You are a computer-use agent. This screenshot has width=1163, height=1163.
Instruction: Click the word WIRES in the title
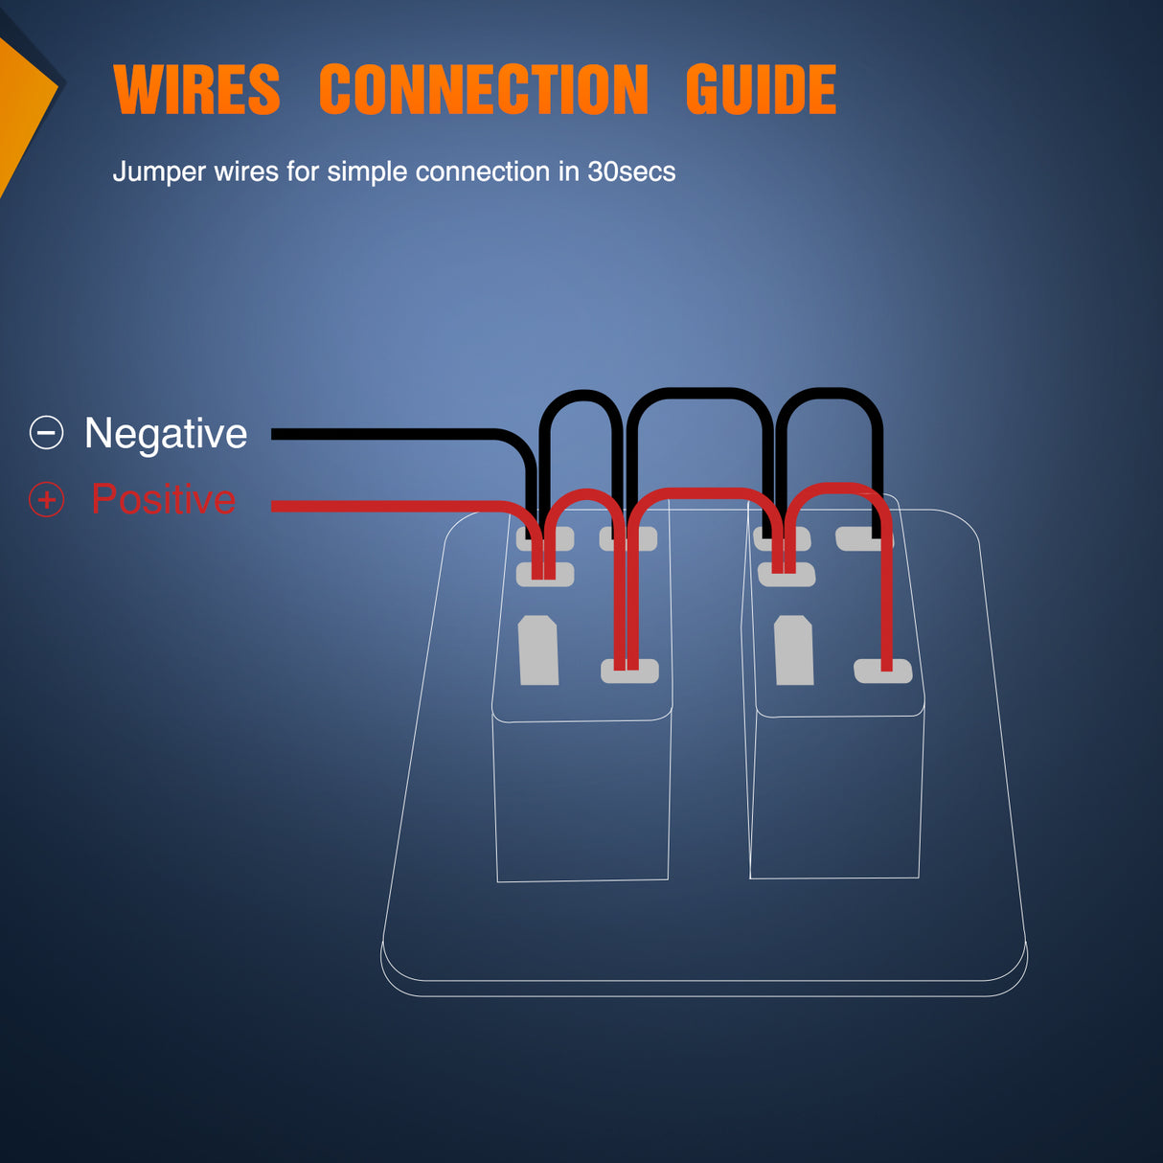coord(196,90)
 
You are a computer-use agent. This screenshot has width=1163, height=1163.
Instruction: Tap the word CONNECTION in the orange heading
coord(483,90)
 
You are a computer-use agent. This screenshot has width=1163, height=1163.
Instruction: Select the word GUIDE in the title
coord(761,90)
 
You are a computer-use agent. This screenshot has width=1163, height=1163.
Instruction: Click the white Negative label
coord(166,433)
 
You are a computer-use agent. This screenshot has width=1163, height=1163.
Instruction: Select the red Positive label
coord(164,499)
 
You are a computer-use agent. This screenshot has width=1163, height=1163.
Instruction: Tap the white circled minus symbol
coord(46,433)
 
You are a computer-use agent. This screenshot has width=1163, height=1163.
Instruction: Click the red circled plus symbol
coord(46,499)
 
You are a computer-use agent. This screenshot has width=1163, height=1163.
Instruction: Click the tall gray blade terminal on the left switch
coord(538,650)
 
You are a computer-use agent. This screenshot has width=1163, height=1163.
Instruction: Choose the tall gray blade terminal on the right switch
coord(794,650)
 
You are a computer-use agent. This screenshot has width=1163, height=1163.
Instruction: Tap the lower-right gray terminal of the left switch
coord(629,671)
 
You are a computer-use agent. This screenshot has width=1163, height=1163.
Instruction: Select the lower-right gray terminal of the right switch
coord(882,671)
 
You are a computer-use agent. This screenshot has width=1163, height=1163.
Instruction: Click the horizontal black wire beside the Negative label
coord(383,434)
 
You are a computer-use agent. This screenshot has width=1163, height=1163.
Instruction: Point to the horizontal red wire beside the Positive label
coord(383,506)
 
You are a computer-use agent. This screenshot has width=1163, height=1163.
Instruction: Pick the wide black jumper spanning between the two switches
coord(699,392)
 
